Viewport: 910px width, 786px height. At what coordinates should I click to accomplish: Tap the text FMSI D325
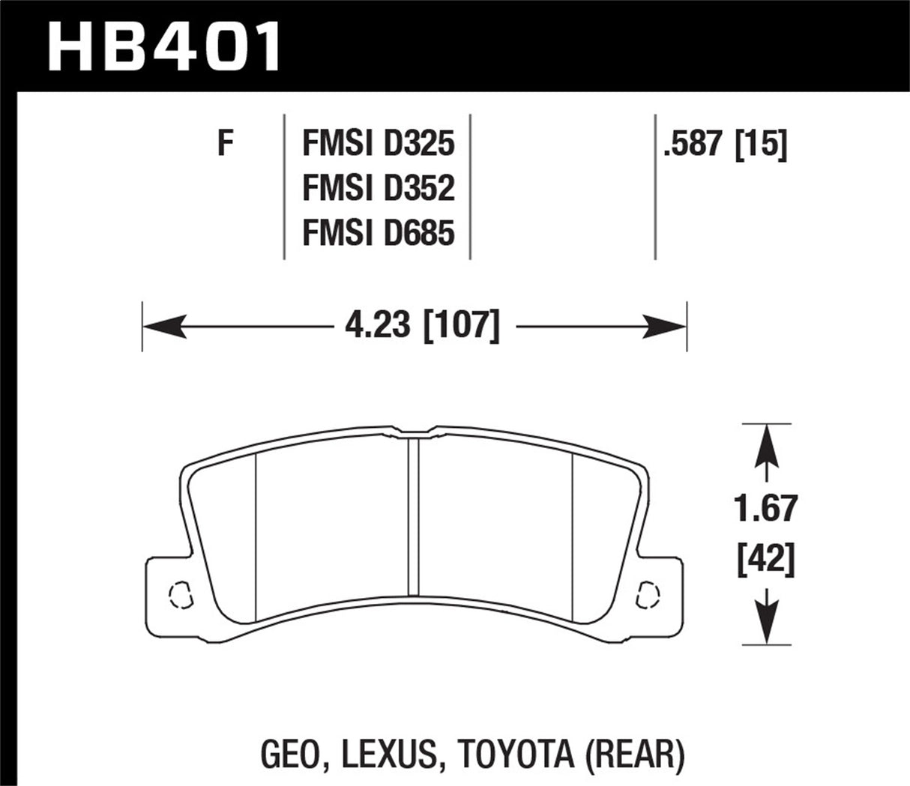point(379,144)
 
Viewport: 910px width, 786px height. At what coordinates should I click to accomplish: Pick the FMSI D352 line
point(379,189)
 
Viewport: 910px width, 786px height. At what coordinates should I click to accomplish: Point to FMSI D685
point(379,234)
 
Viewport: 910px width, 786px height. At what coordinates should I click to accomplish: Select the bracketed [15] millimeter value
point(762,144)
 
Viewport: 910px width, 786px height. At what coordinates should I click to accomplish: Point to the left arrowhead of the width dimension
point(161,327)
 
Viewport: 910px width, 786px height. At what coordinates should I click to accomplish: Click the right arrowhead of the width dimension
point(667,327)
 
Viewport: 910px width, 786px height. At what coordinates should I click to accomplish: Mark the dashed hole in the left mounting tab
point(179,596)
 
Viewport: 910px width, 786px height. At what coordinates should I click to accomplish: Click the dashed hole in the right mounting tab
point(646,596)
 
